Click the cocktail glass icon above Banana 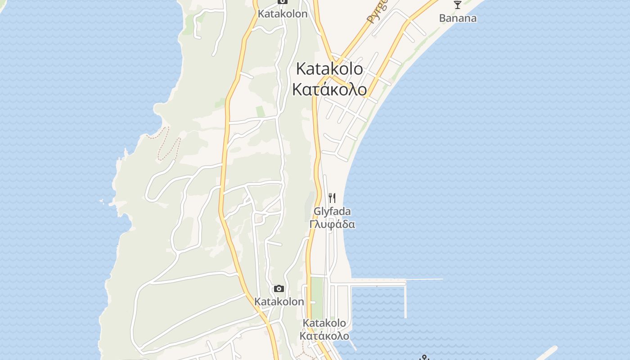coord(458,5)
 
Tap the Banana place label coord(458,18)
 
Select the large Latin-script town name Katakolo coord(329,69)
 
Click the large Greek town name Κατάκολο coord(329,89)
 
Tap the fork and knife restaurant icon coord(332,198)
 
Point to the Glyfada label coord(332,211)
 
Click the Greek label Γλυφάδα coord(332,224)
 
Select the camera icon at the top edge coord(282,2)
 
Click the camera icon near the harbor coord(279,288)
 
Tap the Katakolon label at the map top coord(282,14)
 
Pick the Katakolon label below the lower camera coord(279,301)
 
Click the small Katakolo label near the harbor coord(324,323)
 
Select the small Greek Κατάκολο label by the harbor coord(324,336)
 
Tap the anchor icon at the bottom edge coord(424,358)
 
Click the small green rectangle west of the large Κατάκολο coord(261,111)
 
